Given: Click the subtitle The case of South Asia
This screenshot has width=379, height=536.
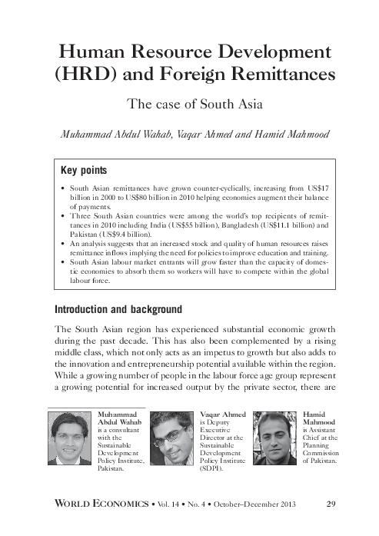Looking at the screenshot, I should point(189,105).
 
